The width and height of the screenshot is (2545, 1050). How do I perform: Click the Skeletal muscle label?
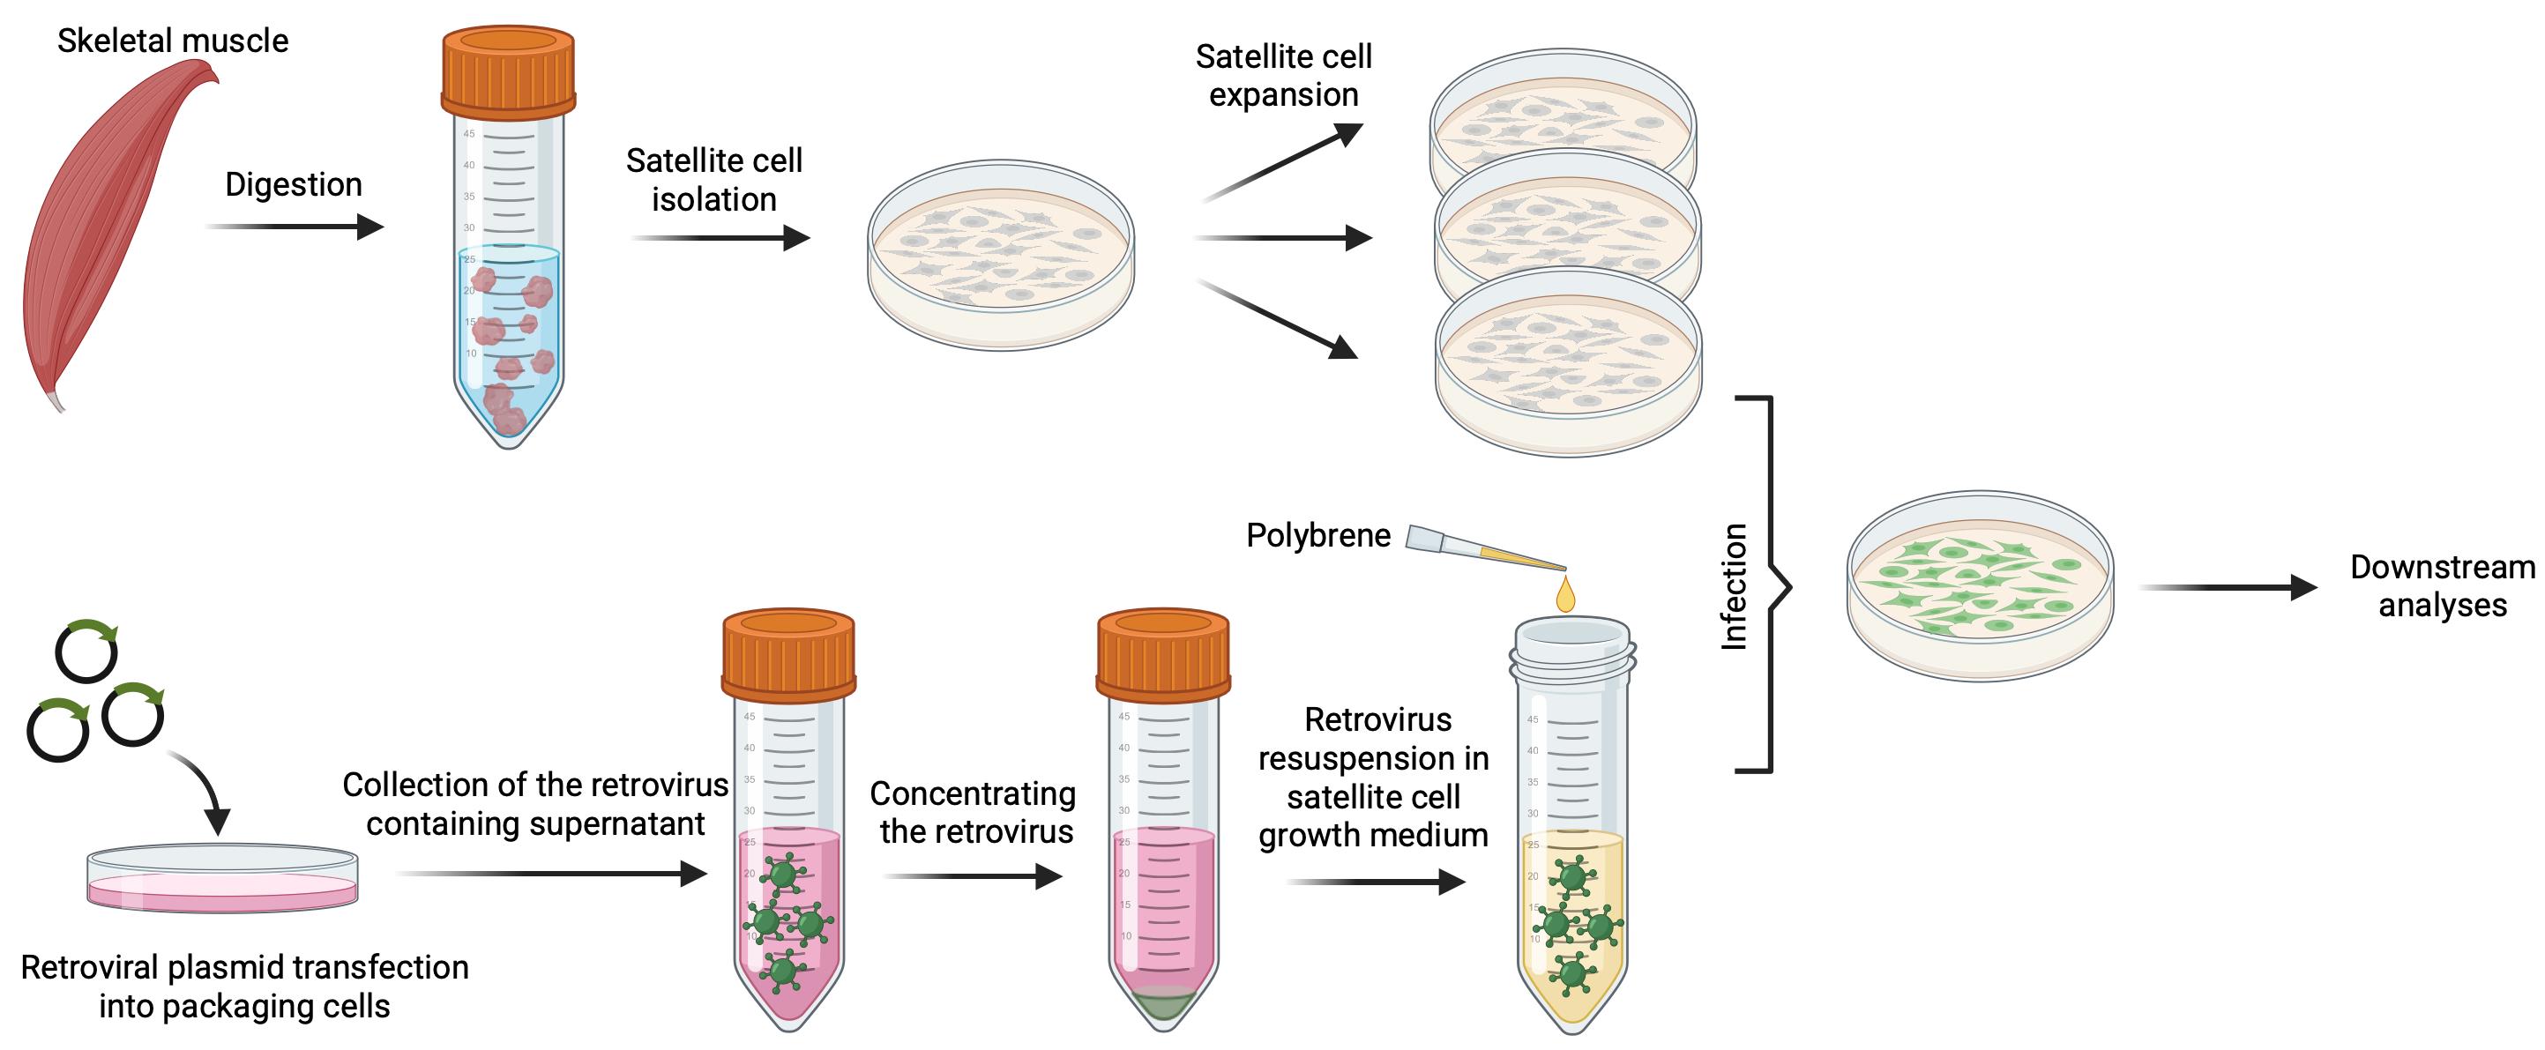coord(173,41)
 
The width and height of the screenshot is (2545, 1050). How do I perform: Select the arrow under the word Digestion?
coord(295,227)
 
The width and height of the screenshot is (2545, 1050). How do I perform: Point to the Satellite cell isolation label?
coord(714,180)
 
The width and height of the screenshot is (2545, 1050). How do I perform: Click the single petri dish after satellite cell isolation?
coord(1001,255)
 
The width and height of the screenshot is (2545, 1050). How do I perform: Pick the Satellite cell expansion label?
coord(1283,75)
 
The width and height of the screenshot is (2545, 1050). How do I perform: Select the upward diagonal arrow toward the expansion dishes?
coord(1282,162)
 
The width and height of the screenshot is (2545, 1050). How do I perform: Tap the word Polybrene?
coord(1318,535)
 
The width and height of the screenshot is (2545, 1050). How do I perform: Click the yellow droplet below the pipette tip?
coord(1565,594)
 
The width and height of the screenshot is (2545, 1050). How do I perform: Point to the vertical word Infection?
coord(1735,587)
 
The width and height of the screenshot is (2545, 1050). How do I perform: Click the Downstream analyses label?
coord(2442,585)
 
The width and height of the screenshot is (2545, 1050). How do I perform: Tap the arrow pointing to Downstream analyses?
coord(2228,588)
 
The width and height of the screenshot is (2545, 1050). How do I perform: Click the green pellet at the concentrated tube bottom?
coord(1164,1006)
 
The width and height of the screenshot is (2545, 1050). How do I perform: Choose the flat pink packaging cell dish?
coord(222,878)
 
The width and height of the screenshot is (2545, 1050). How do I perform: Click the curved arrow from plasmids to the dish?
coord(199,790)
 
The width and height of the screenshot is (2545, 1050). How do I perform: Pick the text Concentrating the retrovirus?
coord(974,812)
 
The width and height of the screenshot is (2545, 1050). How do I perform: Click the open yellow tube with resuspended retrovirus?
coord(1571,825)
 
